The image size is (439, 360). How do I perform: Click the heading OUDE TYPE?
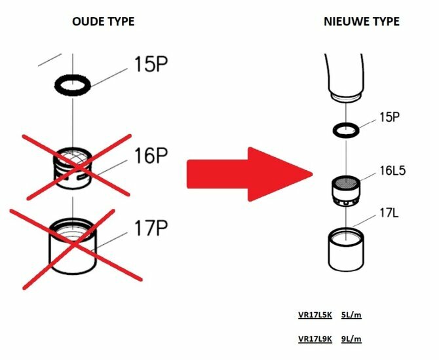[104, 22]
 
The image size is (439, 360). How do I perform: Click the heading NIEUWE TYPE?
[362, 22]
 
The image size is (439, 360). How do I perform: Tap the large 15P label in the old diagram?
[151, 64]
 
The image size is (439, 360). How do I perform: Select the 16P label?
[151, 156]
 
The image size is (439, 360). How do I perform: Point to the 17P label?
[151, 228]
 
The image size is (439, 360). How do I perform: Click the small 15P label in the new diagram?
[389, 117]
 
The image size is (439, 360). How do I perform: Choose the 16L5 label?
[392, 170]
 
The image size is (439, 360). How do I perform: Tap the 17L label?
[389, 213]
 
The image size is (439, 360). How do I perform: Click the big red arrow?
[250, 174]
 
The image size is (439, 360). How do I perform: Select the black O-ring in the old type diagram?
[73, 84]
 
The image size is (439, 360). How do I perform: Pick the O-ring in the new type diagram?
[346, 130]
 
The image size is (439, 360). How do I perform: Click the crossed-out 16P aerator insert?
[73, 168]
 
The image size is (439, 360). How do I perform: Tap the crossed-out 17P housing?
[73, 245]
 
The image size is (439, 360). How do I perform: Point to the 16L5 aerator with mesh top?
[346, 191]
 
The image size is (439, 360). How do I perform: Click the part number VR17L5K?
[315, 315]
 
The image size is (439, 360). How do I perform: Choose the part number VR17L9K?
[315, 339]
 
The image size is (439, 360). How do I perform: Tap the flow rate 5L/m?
[351, 315]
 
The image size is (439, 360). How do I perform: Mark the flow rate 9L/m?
[351, 339]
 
